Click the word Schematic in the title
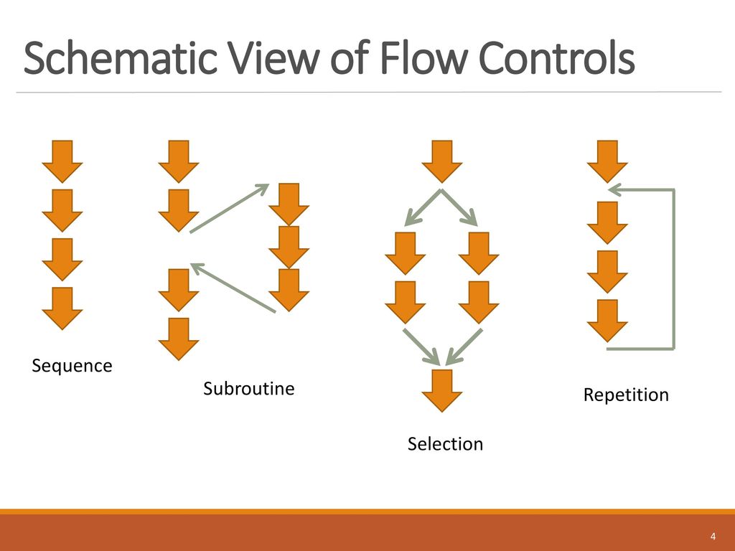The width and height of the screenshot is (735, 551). (x=121, y=57)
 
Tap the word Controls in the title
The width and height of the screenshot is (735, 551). (x=556, y=57)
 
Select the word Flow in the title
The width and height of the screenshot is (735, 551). (x=423, y=57)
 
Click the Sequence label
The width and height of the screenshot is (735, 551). (x=72, y=366)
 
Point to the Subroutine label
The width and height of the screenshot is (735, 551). (x=248, y=388)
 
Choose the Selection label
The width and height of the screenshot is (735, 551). (x=445, y=443)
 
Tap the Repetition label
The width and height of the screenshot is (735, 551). (x=626, y=395)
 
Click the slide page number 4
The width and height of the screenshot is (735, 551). (x=713, y=537)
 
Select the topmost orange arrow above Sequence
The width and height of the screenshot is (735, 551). (x=62, y=161)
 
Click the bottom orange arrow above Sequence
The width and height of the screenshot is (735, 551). (x=62, y=309)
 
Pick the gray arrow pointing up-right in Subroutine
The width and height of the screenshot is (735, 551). (x=229, y=208)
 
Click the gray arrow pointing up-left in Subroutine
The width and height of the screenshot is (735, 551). (x=233, y=288)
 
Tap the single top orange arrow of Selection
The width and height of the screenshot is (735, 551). (x=442, y=161)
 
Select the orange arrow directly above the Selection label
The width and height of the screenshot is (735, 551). (x=442, y=391)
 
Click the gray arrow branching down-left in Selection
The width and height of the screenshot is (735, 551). (x=422, y=207)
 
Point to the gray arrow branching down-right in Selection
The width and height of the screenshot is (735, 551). (x=459, y=207)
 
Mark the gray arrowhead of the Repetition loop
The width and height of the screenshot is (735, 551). (x=615, y=189)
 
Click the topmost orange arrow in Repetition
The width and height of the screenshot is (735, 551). (x=607, y=161)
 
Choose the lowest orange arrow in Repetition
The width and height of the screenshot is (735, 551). (x=607, y=321)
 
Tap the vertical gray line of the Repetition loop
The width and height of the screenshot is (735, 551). (x=673, y=270)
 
